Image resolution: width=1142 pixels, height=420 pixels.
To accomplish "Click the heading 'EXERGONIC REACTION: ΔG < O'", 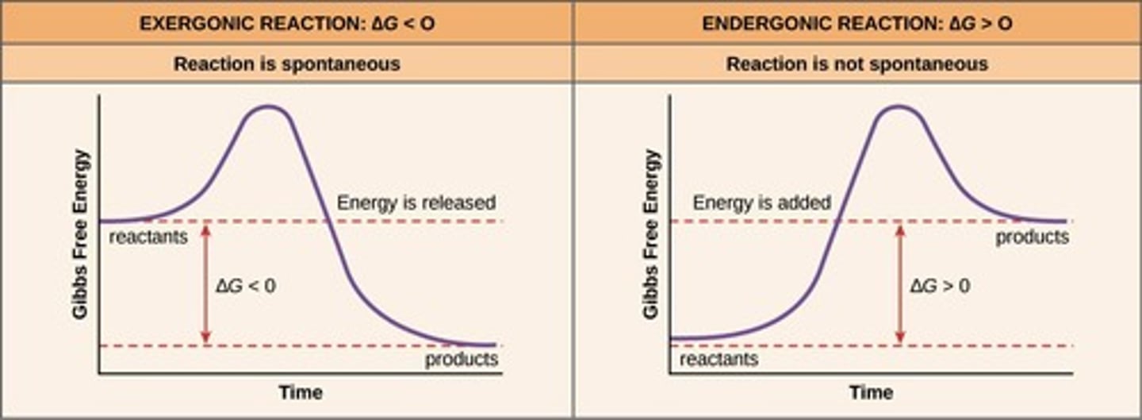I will pyautogui.click(x=286, y=23).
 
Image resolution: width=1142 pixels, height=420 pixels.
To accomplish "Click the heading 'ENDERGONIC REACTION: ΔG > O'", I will pyautogui.click(x=857, y=23).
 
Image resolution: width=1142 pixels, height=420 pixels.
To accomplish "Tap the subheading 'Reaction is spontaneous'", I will pyautogui.click(x=286, y=64).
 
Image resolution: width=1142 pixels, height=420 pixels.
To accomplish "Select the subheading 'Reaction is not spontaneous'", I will pyautogui.click(x=857, y=64).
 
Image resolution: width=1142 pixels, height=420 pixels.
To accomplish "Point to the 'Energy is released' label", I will pyautogui.click(x=416, y=202).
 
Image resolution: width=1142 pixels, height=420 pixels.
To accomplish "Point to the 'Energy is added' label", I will pyautogui.click(x=761, y=202).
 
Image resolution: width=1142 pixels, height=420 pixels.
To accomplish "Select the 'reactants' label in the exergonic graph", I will pyautogui.click(x=148, y=237).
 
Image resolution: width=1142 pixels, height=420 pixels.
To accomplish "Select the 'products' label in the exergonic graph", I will pyautogui.click(x=462, y=360).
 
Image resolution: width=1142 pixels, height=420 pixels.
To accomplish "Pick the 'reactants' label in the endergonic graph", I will pyautogui.click(x=719, y=360).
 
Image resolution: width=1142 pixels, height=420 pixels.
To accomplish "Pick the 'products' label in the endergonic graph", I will pyautogui.click(x=1032, y=237).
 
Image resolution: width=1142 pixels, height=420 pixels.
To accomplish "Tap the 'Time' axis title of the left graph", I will pyautogui.click(x=301, y=392).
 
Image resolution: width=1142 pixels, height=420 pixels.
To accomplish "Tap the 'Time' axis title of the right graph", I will pyautogui.click(x=871, y=392).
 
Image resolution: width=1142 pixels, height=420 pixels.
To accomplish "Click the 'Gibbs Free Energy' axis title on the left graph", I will pyautogui.click(x=80, y=234).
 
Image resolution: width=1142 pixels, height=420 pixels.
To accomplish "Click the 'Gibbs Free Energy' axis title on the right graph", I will pyautogui.click(x=651, y=234).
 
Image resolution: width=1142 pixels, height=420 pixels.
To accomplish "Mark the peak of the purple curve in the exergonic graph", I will pyautogui.click(x=268, y=106).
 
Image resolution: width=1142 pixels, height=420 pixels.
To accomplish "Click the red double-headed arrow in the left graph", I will pyautogui.click(x=206, y=283).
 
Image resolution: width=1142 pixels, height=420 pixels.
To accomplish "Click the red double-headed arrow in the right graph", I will pyautogui.click(x=899, y=283).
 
